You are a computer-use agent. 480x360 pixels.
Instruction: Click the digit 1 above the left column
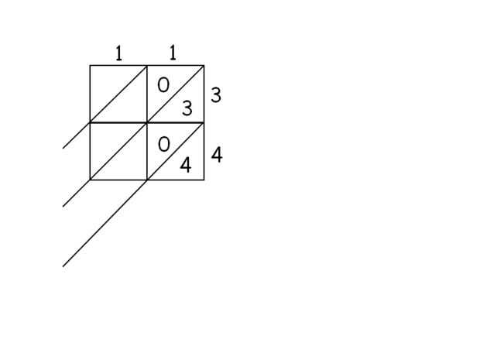(118, 53)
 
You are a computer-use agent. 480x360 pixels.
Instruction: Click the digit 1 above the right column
(172, 53)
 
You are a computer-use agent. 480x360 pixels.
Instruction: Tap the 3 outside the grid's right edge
(216, 95)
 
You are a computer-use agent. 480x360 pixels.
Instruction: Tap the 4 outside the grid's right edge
(217, 155)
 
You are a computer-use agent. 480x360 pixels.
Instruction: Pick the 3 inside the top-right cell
(187, 108)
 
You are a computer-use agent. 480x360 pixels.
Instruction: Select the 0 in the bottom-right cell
(163, 144)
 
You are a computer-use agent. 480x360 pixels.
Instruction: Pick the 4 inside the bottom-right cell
(186, 165)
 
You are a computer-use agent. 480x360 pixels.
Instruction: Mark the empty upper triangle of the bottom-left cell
(107, 141)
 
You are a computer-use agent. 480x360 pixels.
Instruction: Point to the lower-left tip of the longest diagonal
(63, 266)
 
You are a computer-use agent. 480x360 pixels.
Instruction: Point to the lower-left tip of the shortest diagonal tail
(63, 148)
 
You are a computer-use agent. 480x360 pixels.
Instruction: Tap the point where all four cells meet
(147, 122)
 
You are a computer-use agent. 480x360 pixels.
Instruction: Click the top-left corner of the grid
(90, 66)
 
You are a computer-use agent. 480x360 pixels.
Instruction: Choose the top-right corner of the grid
(204, 66)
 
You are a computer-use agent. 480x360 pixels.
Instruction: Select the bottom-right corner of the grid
(204, 180)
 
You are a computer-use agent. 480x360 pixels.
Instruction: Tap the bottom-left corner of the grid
(90, 180)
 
